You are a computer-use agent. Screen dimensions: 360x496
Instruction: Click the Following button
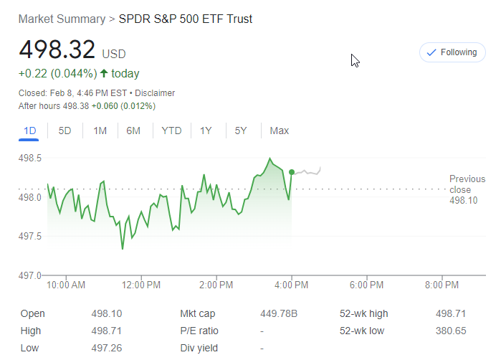point(452,52)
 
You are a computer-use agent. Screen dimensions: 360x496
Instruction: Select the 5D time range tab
point(65,131)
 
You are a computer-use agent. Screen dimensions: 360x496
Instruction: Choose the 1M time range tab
point(100,131)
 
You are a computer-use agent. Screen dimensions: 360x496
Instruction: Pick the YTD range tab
point(171,131)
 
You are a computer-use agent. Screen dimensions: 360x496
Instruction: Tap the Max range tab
point(279,131)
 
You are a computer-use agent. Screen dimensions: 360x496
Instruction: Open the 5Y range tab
point(241,131)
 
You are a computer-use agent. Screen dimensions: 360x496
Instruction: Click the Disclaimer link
point(155,93)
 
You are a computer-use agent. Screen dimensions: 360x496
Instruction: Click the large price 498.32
point(57,50)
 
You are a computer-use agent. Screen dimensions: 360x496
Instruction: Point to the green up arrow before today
point(104,73)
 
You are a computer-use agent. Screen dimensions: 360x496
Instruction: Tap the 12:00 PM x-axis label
point(141,285)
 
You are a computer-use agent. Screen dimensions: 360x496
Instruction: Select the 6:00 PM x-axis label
point(367,285)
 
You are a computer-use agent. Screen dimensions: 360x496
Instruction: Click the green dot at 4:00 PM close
point(292,172)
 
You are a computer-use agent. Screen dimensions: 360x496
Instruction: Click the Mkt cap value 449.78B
point(280,313)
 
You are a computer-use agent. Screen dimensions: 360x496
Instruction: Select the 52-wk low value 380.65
point(451,331)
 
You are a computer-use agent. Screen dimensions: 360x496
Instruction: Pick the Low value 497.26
point(108,348)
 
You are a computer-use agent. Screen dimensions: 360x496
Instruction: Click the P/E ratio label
point(199,331)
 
